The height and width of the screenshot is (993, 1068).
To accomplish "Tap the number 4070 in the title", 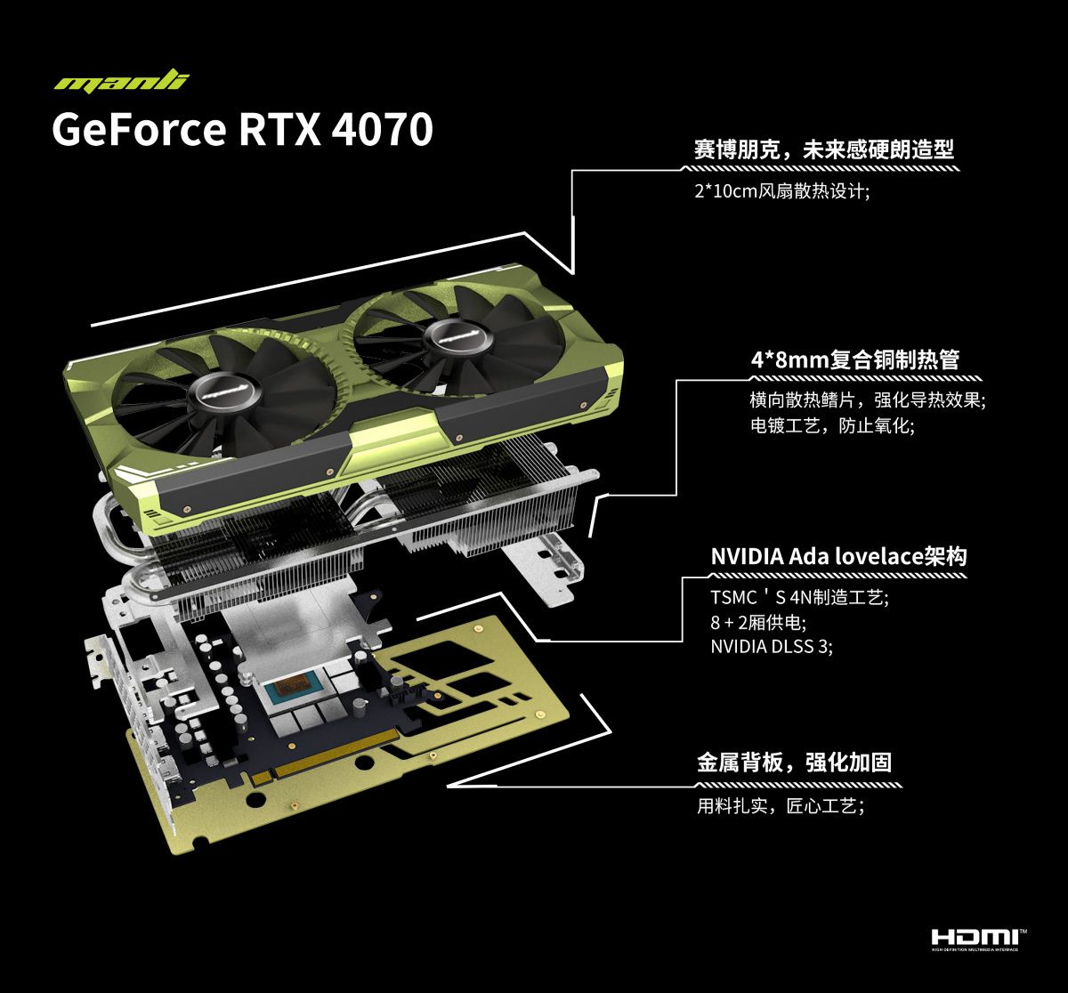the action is [x=383, y=130].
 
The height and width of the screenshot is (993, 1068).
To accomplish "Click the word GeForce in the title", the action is [x=139, y=130].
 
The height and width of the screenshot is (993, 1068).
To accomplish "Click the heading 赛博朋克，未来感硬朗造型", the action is [x=824, y=149].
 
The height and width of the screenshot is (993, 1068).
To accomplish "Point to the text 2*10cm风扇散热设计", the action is [x=782, y=190].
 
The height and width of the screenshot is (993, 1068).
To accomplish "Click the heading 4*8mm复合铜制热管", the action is [x=855, y=359].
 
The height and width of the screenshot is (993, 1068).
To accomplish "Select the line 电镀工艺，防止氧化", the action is [x=832, y=426].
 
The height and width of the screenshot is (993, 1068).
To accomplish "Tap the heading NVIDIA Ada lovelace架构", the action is [x=838, y=556].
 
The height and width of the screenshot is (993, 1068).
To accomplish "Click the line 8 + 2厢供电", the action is [x=758, y=622].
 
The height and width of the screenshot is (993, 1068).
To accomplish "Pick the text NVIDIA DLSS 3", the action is [x=772, y=646].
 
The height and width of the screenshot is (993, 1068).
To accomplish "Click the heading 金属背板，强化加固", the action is [x=794, y=763].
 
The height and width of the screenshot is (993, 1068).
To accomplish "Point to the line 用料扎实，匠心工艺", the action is [x=781, y=806].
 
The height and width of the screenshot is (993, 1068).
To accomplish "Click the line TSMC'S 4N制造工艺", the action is [x=799, y=597].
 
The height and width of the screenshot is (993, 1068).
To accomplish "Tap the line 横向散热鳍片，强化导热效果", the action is [x=868, y=400].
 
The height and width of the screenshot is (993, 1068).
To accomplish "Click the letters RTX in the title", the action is [x=279, y=130].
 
